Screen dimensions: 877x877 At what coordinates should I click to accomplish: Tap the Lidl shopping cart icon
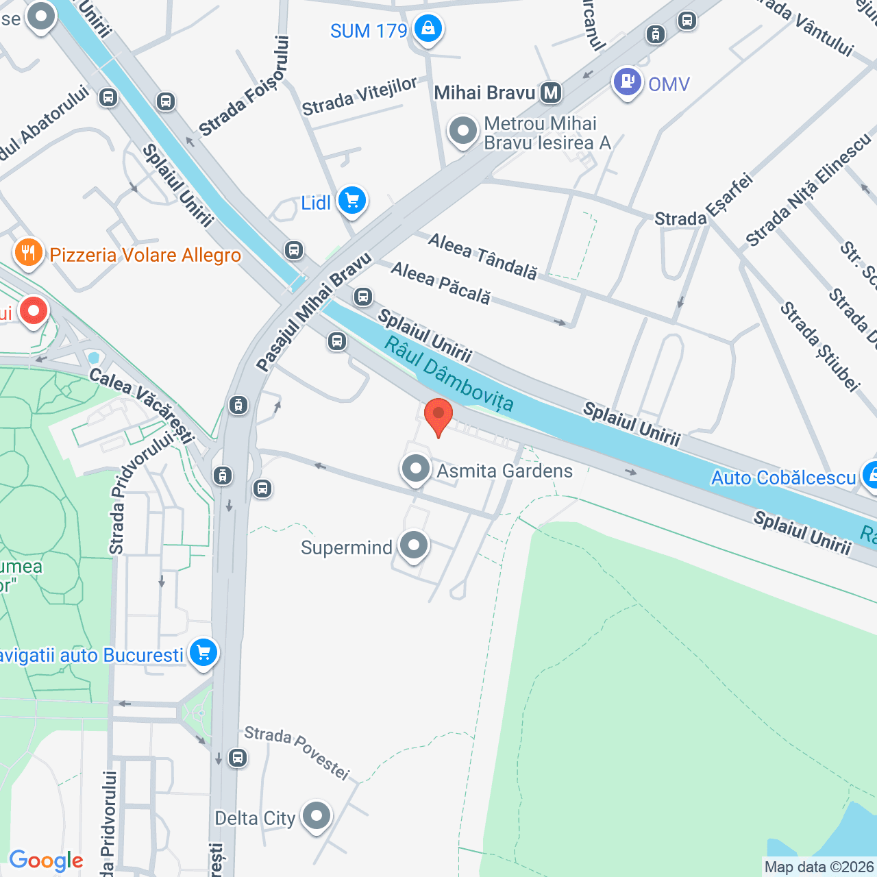pos(352,201)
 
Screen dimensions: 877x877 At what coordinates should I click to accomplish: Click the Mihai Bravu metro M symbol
pos(551,92)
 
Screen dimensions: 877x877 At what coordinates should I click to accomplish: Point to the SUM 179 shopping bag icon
pos(428,29)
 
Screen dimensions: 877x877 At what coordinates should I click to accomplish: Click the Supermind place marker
pos(414,547)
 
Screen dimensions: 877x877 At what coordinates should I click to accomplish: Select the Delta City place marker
pos(316,817)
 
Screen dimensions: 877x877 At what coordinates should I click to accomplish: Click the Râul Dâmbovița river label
pos(449,373)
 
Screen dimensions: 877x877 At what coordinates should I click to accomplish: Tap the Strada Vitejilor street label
pos(360,97)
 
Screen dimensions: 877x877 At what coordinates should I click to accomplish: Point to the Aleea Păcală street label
pos(441,282)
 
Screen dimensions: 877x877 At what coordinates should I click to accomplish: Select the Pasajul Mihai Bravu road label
pos(314,312)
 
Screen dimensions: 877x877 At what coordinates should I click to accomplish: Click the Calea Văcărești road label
pos(142,404)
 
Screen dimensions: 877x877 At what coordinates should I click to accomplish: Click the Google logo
pos(46,861)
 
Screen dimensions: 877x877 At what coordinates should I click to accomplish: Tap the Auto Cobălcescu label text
pos(784,478)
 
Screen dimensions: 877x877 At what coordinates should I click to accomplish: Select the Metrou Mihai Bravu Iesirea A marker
pos(463,130)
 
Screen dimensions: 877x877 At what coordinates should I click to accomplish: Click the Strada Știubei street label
pos(819,347)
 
